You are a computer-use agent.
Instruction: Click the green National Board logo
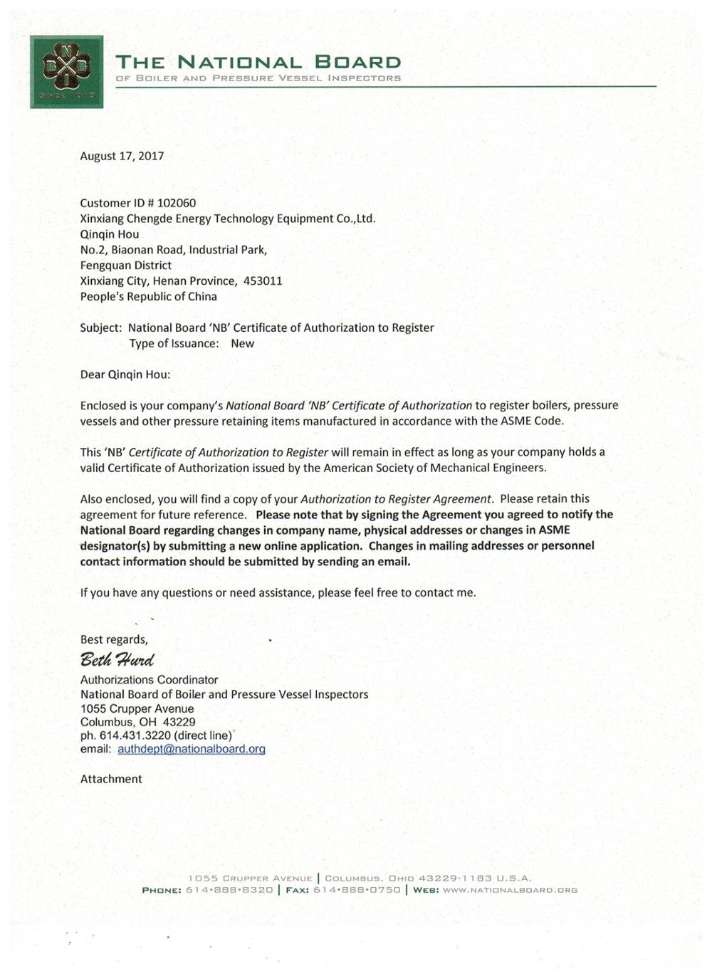[66, 71]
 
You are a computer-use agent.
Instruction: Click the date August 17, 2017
[122, 156]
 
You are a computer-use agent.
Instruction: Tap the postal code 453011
[263, 281]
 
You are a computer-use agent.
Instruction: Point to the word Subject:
[101, 328]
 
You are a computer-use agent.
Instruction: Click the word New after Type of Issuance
[242, 343]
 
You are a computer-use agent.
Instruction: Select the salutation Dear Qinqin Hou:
[125, 375]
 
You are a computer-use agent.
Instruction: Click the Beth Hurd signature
[116, 659]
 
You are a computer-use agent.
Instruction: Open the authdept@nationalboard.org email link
[191, 749]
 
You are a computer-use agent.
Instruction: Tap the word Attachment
[111, 779]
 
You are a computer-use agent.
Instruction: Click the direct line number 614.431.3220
[135, 735]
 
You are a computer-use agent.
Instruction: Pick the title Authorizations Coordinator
[149, 680]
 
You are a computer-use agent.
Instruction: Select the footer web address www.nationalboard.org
[509, 890]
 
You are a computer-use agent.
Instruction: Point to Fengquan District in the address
[125, 265]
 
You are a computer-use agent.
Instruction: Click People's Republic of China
[148, 296]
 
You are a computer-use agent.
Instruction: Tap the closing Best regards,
[114, 639]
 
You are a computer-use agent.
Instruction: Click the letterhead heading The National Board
[258, 63]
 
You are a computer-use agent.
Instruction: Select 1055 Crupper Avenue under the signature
[137, 708]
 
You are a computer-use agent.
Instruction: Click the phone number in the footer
[229, 890]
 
